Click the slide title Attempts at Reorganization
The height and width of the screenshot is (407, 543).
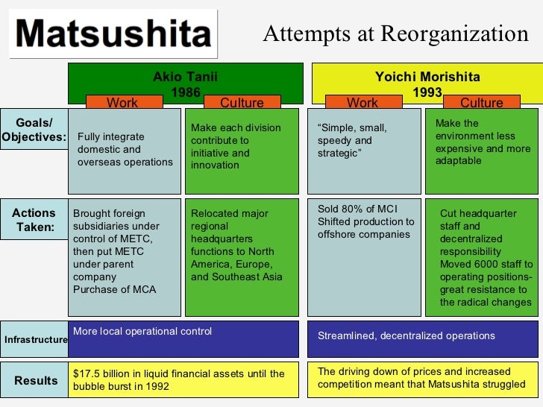coord(395,34)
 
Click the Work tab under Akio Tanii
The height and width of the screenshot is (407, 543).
coord(122,103)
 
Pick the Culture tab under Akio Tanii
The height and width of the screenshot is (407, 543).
coord(242,103)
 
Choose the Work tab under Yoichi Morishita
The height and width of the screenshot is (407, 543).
coord(362,103)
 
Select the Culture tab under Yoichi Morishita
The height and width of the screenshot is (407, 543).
coord(482,103)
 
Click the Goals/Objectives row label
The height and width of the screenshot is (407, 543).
coord(34,130)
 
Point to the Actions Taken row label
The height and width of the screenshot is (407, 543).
coord(34,220)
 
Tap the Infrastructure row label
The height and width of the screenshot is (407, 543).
coord(36,340)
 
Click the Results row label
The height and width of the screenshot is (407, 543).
coord(36,380)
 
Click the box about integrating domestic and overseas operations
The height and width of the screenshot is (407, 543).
coord(125,150)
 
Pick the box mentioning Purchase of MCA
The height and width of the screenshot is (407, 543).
coord(125,257)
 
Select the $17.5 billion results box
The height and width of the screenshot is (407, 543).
coord(183,379)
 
